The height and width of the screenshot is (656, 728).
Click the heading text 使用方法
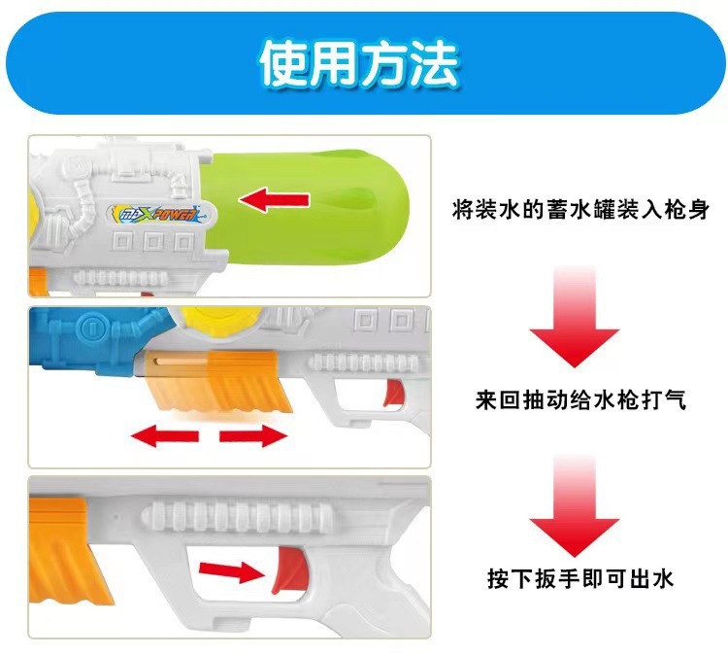click(359, 64)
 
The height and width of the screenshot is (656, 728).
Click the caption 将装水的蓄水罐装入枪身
click(576, 208)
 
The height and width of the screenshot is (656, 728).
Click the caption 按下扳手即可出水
click(580, 580)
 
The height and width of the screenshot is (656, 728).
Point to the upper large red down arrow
click(574, 317)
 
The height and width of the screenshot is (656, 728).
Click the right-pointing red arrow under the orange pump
click(254, 436)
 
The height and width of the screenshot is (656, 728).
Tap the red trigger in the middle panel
click(392, 394)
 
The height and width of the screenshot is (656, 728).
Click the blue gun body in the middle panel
click(83, 340)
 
